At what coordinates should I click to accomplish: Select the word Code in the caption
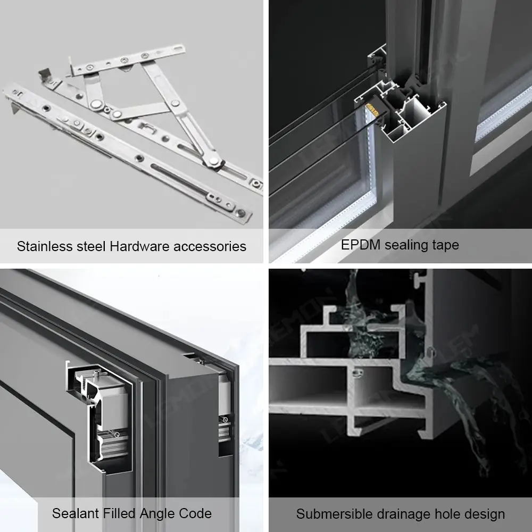click(x=196, y=513)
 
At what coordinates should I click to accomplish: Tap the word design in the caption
click(x=484, y=514)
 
